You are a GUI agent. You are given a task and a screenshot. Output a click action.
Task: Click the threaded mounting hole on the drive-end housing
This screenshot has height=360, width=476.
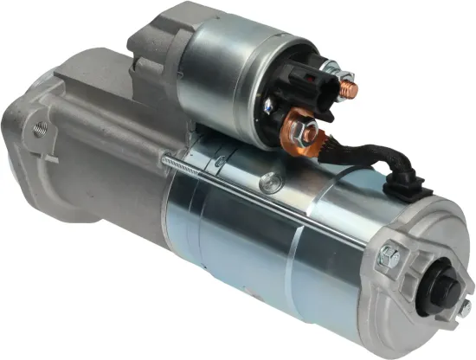tap(38, 132)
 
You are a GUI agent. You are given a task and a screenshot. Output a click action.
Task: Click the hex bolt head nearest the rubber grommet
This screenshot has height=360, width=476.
tap(390, 255)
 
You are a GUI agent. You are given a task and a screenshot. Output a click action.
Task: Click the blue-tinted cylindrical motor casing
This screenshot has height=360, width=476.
tap(260, 251)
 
